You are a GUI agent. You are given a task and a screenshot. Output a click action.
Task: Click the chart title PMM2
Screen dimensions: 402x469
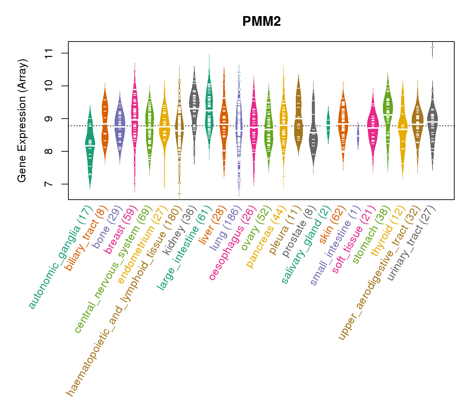261,22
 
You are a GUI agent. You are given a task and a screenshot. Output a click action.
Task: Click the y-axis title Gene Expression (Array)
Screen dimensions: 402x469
22,121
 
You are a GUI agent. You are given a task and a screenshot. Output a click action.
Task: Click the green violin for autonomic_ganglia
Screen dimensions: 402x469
90,144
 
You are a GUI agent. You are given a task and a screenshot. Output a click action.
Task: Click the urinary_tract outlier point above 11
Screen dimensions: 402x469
432,48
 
